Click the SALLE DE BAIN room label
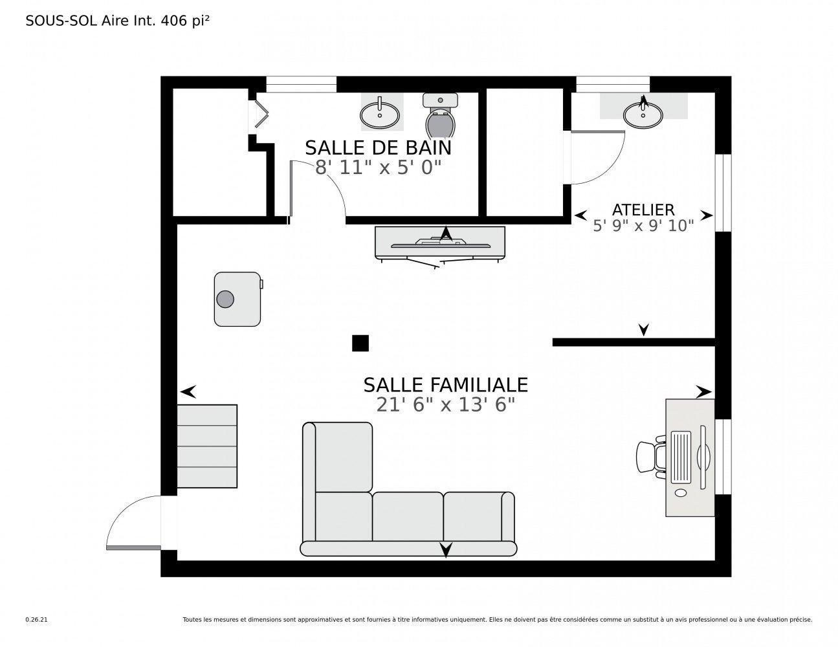(378, 148)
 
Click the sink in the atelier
(643, 114)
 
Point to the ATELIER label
(643, 210)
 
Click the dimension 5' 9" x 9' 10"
(643, 226)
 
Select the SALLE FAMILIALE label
(445, 385)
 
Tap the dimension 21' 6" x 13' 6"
(445, 405)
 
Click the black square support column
(360, 343)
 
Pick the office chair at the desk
(650, 457)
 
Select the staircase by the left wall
(207, 446)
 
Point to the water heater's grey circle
(225, 299)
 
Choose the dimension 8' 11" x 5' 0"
(378, 168)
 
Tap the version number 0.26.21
(37, 619)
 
